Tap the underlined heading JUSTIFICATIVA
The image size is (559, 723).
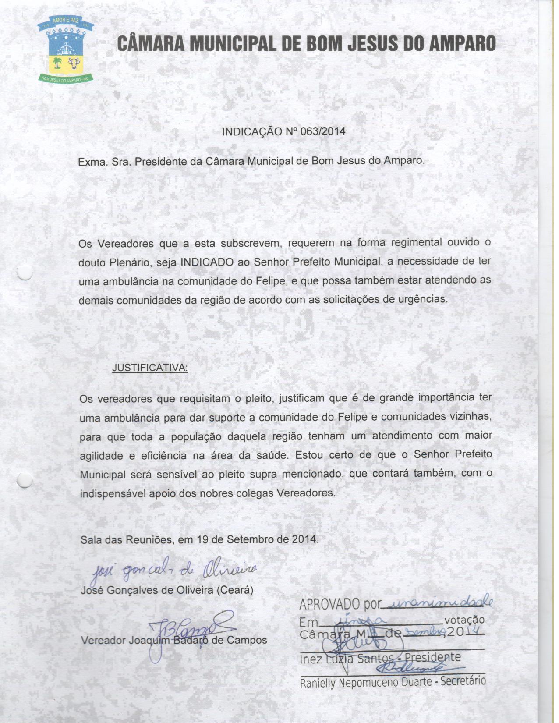point(150,367)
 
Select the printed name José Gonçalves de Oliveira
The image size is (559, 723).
point(147,590)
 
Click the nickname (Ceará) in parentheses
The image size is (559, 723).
point(235,590)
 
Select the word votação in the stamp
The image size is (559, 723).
point(464,620)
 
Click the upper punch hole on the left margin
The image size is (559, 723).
point(24,273)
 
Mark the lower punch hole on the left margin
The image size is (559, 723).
point(24,481)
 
